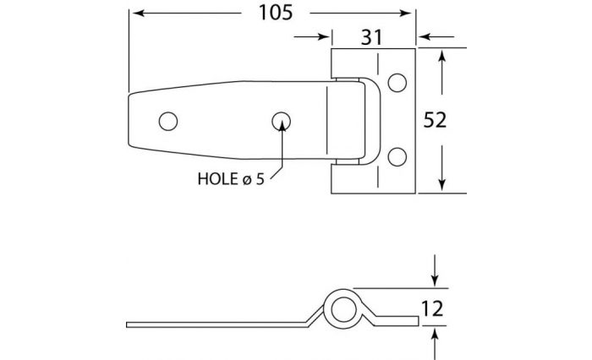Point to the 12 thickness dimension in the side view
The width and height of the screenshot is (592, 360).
[433, 310]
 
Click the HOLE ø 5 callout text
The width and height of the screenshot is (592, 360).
[230, 178]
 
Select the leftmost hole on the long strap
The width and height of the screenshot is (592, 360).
[169, 121]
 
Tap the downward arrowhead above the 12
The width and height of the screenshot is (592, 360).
[434, 281]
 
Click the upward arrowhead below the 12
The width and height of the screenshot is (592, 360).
[434, 335]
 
